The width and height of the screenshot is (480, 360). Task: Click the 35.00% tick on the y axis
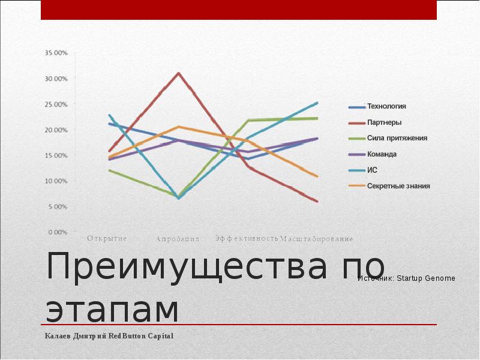tap(56, 53)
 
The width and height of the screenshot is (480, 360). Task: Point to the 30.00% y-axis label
tap(56, 79)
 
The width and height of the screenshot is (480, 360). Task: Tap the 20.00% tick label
tap(56, 130)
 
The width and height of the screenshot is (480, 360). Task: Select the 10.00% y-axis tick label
tap(56, 181)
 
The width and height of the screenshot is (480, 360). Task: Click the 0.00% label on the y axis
tap(58, 232)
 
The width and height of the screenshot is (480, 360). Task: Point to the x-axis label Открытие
tap(107, 238)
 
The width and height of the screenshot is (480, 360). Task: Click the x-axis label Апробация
tap(177, 239)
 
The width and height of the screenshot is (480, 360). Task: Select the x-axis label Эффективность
tap(247, 238)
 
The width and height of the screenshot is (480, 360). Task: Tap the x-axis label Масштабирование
tap(316, 239)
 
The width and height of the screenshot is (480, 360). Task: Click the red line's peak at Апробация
tap(178, 73)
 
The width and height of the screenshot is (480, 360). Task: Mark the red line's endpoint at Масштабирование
tap(317, 201)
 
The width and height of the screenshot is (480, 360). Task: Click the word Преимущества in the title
tap(185, 268)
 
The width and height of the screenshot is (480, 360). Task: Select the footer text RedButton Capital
tap(140, 336)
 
